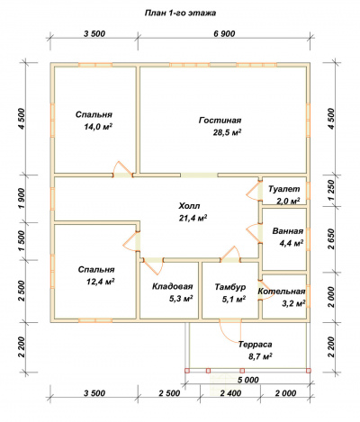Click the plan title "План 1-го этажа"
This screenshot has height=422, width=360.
tap(180, 13)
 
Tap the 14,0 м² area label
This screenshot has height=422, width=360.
tap(98, 127)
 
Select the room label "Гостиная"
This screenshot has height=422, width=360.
tap(220, 121)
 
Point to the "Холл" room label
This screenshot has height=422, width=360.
tap(189, 206)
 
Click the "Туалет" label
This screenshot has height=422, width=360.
tap(283, 189)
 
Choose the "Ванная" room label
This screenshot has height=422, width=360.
tap(288, 231)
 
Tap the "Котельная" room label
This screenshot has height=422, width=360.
tap(282, 292)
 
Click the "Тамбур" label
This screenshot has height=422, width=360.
tap(230, 287)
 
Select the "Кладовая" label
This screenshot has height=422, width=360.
tap(172, 286)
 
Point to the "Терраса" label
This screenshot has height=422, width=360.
tap(256, 345)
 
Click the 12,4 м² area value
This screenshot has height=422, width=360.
tap(100, 282)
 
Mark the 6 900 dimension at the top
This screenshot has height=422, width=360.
tap(224, 33)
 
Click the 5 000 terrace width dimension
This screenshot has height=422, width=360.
tap(248, 380)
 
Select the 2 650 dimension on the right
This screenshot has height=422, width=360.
tap(330, 239)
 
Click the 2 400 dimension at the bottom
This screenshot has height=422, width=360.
tap(230, 393)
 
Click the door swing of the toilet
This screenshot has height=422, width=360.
tap(251, 191)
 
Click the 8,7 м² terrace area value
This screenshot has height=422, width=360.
tap(260, 356)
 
